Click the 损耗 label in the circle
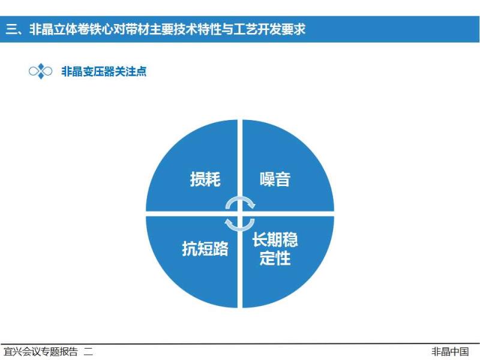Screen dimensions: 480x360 (205, 179)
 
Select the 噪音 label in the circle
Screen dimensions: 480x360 (275, 179)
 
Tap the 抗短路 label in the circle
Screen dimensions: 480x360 (205, 248)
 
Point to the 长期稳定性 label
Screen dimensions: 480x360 (275, 248)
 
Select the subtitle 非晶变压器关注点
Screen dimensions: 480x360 (104, 71)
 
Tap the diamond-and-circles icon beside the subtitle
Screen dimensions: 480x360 (40, 71)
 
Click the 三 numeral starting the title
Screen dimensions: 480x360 (11, 29)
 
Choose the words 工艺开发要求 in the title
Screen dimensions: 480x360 (269, 29)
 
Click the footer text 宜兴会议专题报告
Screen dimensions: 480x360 (40, 352)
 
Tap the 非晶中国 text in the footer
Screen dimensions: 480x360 (450, 352)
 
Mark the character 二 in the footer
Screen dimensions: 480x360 (88, 352)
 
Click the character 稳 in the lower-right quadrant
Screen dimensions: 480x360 (290, 239)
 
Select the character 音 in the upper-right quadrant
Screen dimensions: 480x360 (283, 179)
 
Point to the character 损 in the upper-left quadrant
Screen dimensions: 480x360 (197, 179)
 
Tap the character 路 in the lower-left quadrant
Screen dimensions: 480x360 (221, 248)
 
